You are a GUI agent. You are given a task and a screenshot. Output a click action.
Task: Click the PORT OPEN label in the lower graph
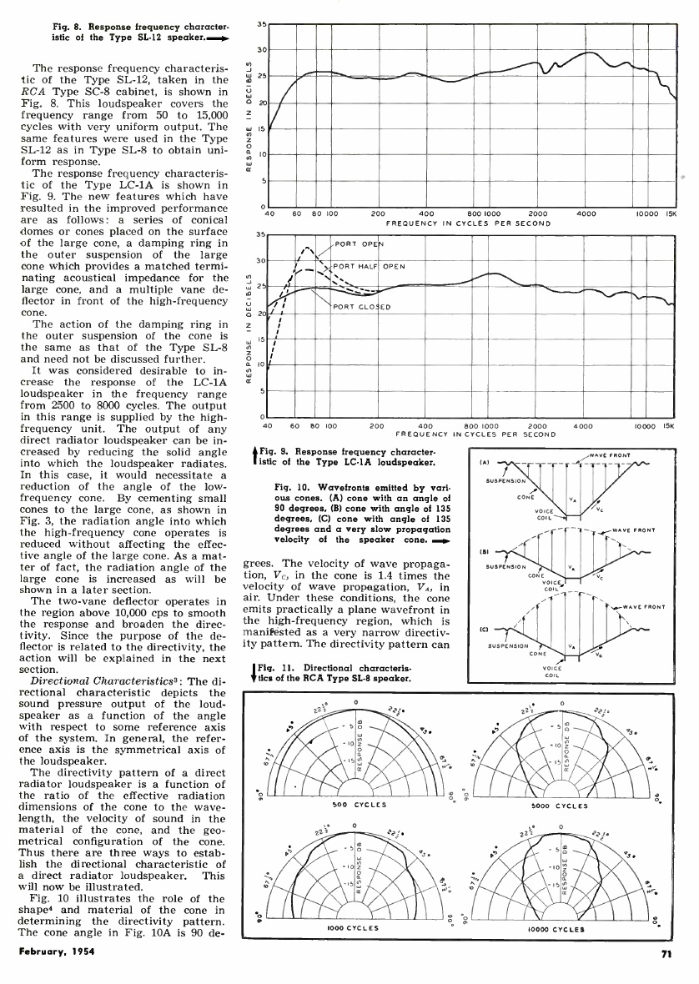pyautogui.click(x=357, y=244)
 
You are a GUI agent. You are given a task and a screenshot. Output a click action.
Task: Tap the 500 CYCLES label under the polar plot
pyautogui.click(x=356, y=806)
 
